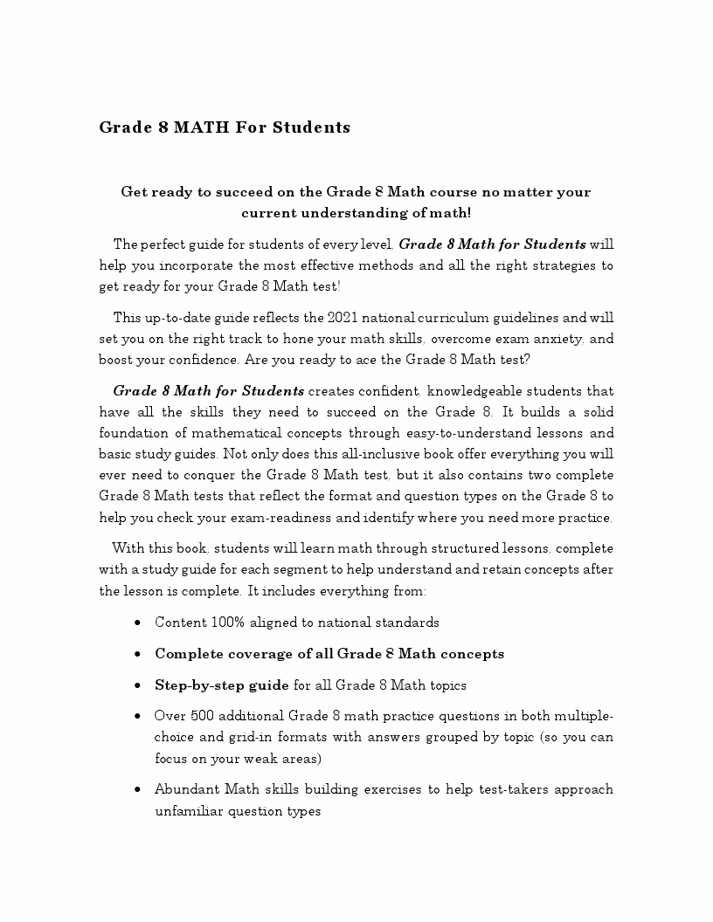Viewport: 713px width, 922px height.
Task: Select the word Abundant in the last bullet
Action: pos(185,789)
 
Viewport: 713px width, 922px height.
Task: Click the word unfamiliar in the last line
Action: pos(189,810)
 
